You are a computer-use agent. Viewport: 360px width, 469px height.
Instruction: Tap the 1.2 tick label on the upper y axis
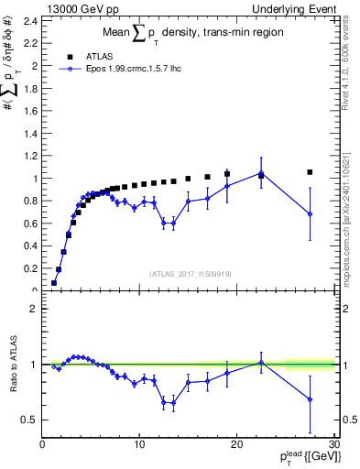coord(33,156)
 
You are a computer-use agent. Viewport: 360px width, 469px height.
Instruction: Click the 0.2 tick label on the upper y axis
coord(33,269)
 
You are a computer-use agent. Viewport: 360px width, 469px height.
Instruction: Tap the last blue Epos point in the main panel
coord(310,214)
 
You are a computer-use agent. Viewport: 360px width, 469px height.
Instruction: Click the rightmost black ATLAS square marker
coord(310,172)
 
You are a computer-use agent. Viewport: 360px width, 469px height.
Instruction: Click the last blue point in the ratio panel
coord(310,399)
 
